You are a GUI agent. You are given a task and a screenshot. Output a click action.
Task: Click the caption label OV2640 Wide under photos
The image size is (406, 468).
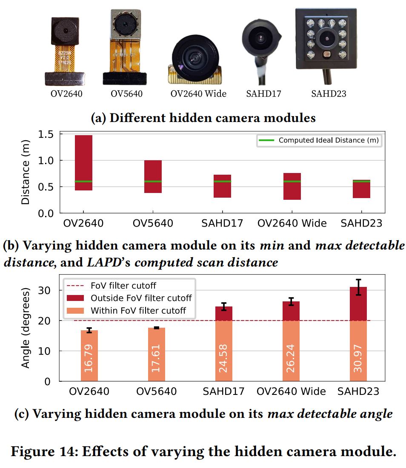198,94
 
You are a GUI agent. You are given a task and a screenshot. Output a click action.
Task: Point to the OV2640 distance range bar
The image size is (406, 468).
83,162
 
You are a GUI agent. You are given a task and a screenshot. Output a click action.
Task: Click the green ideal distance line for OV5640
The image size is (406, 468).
153,182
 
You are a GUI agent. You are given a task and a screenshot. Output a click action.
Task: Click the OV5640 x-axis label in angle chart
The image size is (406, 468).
156,391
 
